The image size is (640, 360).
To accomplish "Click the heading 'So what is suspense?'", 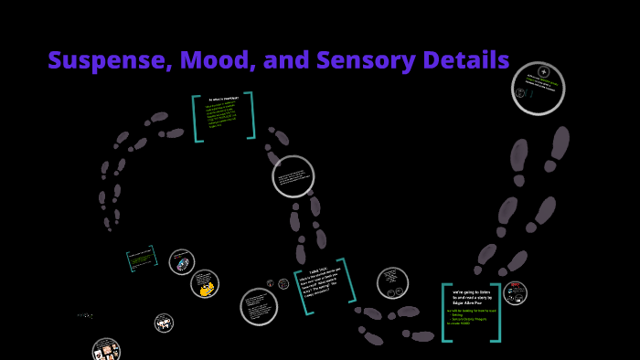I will (x=224, y=99).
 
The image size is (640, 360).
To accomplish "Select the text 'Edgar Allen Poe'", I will (x=471, y=302).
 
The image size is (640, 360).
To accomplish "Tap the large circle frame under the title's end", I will (x=538, y=88).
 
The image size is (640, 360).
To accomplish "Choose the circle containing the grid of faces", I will (x=106, y=350).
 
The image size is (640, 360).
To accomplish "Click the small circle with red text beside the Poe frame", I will (x=516, y=292).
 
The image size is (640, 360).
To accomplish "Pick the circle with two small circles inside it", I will (x=392, y=282).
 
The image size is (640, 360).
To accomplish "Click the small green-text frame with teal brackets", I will (x=142, y=259).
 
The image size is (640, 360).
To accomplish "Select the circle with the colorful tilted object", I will (x=182, y=262).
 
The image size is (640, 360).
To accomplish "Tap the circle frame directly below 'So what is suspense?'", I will (x=293, y=176).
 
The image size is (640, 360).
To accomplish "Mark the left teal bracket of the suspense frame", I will (x=196, y=118).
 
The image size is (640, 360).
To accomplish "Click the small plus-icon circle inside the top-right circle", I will (x=543, y=71).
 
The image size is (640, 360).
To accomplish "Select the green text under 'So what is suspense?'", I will (x=222, y=116).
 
